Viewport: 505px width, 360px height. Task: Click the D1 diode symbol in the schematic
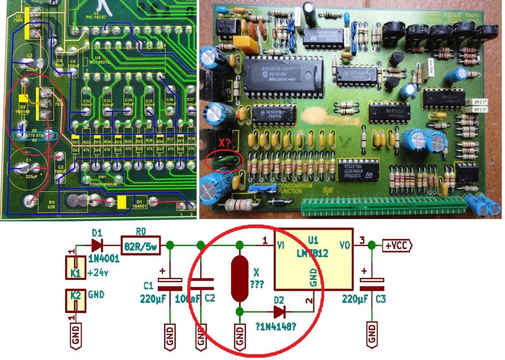(x=98, y=245)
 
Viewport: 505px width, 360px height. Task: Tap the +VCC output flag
(x=397, y=246)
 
